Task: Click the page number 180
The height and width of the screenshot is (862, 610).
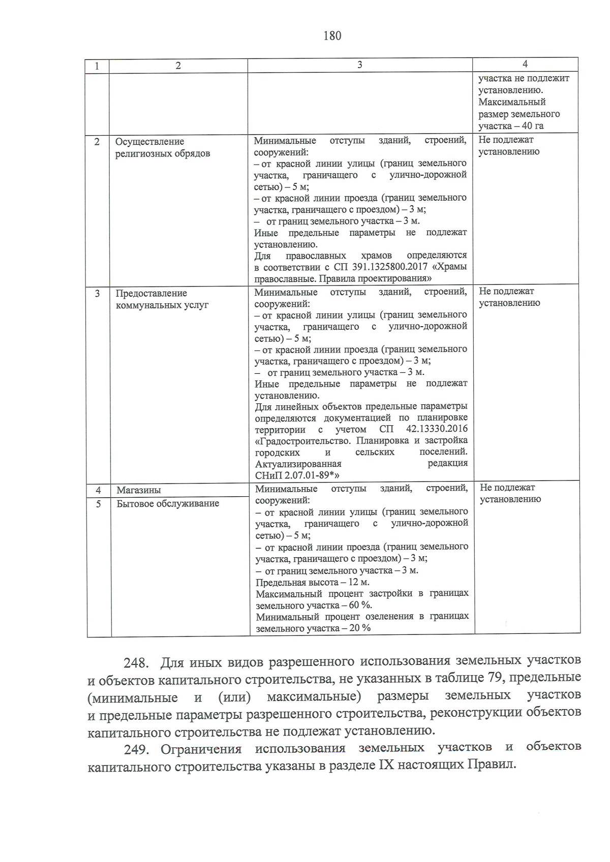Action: pos(332,36)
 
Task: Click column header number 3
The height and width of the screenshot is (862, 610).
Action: pos(360,65)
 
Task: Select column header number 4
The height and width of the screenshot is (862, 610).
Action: pos(525,64)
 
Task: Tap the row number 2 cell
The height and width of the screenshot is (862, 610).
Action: pos(97,142)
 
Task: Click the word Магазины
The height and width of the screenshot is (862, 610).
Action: pos(139,490)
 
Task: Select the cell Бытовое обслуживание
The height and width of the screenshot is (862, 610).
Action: pos(168,503)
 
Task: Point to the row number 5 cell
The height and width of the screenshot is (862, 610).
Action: pos(99,503)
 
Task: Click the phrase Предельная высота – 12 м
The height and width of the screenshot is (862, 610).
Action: pos(312,582)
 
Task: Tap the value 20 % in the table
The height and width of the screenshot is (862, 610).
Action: pos(359,628)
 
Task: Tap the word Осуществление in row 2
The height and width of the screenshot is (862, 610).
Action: pos(150,142)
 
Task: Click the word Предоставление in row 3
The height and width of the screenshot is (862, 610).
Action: pos(151,293)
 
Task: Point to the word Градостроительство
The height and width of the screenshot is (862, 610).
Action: pos(302,441)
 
